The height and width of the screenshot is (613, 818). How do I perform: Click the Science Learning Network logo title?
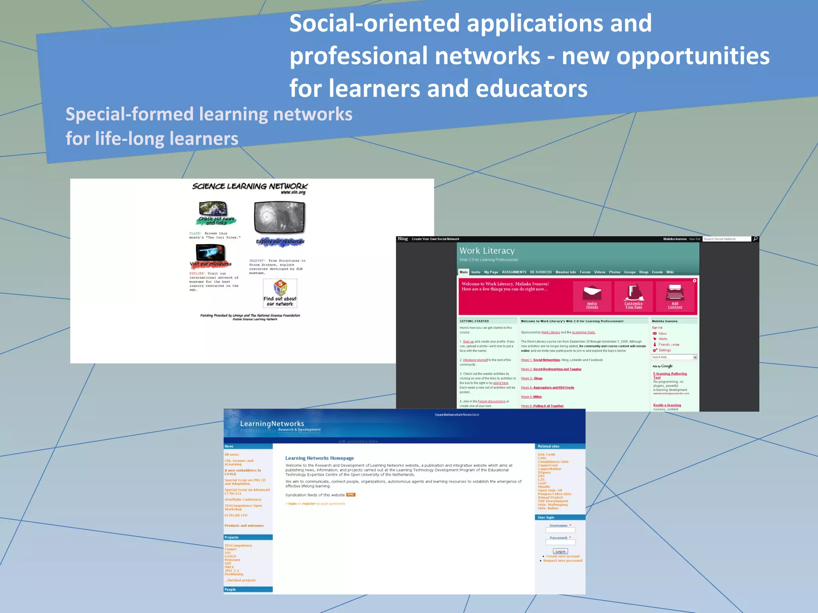pos(250,186)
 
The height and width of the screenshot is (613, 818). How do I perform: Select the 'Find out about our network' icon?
pos(280,293)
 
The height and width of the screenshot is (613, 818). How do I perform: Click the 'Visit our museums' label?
pos(210,264)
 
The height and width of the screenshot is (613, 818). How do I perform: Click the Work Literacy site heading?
pos(487,251)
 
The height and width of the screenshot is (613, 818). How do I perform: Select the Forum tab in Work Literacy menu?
pos(585,272)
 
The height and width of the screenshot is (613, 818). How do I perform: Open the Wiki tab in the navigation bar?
pos(670,272)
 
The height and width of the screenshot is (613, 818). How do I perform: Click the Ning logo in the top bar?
pos(403,239)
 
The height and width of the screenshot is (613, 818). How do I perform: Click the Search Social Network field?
pos(726,239)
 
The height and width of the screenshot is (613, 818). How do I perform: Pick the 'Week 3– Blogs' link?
pos(532,378)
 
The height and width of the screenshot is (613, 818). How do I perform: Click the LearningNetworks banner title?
pos(272,424)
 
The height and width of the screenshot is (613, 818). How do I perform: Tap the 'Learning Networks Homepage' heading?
pos(320,458)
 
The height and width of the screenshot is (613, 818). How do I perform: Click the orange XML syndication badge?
pos(351,495)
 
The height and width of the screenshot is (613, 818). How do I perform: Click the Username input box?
pos(560,530)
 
